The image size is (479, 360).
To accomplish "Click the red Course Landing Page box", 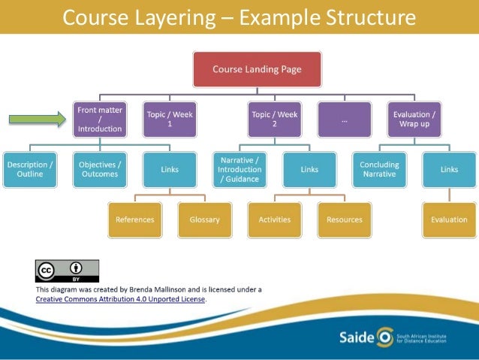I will tap(257, 69).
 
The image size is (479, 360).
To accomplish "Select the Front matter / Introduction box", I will tap(99, 119).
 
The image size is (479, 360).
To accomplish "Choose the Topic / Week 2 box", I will tap(274, 119).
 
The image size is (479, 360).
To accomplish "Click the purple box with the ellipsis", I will tap(344, 119).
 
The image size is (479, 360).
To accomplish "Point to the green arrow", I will tap(38, 119).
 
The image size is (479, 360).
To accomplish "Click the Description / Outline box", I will tap(30, 169).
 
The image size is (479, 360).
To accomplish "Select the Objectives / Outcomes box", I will tap(100, 169).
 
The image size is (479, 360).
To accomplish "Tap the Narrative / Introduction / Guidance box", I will tap(240, 169).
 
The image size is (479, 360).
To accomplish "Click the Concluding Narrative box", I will tap(379, 169).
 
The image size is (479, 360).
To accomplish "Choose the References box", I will tap(135, 219).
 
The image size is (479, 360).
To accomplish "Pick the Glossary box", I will tap(205, 219).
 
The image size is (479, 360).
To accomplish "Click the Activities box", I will tap(275, 219).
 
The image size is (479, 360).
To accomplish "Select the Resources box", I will tap(345, 219).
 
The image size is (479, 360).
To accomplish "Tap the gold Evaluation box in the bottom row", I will tap(449, 219).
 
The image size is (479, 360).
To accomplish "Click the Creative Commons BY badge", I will tap(67, 271).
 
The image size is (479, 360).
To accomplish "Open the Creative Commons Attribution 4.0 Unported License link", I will tap(120, 298).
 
